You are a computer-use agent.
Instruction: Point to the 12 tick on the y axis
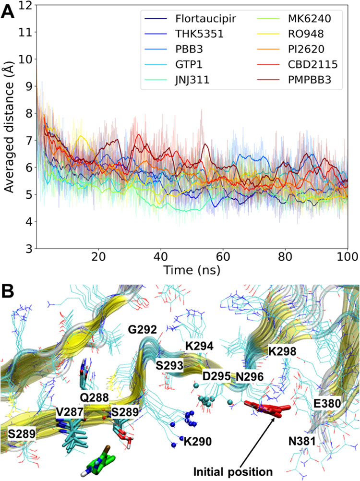tap(24, 6)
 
